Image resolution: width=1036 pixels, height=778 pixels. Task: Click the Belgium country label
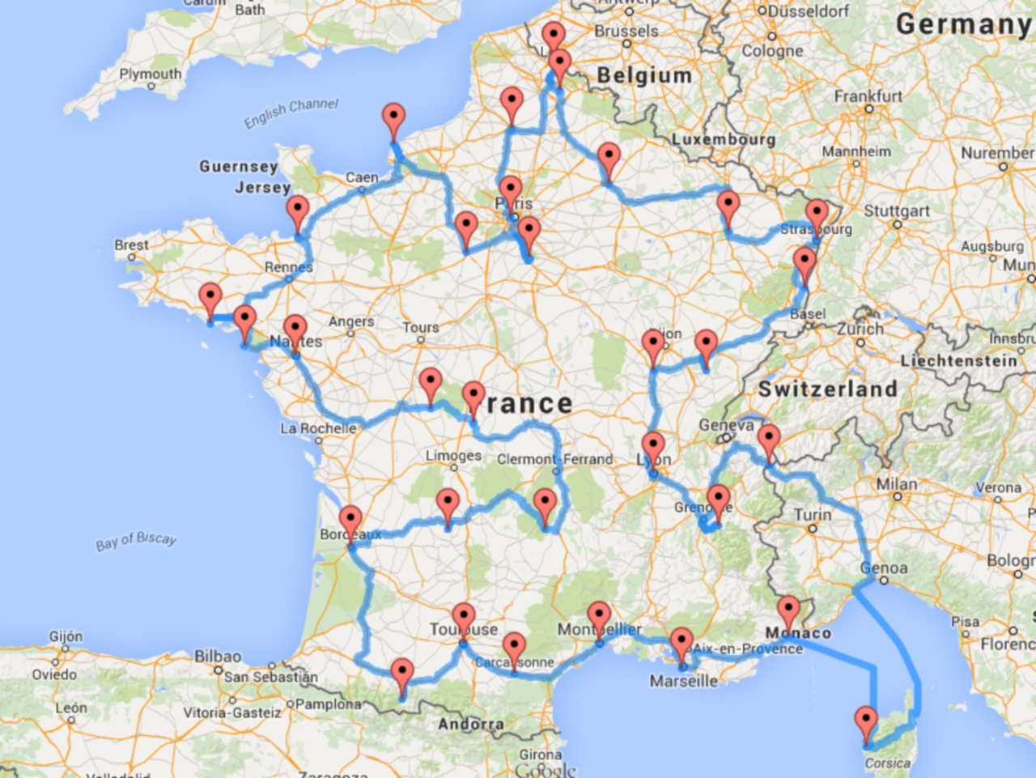pos(644,75)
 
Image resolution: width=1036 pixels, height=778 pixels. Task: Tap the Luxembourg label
pos(723,139)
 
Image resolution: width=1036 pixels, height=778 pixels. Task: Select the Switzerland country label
pos(827,389)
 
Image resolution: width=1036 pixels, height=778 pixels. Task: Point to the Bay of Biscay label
pos(136,541)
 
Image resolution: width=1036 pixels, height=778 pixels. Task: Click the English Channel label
pos(291,113)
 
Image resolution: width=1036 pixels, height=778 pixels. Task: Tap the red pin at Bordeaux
pos(350,521)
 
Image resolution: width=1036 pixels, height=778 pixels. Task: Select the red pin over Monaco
pos(788,611)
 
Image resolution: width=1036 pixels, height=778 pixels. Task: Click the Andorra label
pos(470,724)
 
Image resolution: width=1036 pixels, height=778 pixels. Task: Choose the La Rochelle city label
pos(318,428)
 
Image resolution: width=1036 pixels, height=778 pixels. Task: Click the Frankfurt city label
pos(868,96)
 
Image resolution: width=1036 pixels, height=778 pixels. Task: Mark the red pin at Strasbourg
pos(817,215)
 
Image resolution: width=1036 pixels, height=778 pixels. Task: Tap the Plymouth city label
pos(151,74)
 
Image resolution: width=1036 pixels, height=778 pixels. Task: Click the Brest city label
pos(131,244)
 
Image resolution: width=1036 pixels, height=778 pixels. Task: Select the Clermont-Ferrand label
pos(554,459)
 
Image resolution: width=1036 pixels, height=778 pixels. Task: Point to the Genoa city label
pos(884,568)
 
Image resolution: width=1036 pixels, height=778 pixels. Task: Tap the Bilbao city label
pos(218,656)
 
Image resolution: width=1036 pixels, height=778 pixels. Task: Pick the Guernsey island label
pos(239,166)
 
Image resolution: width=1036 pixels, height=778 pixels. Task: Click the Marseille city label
pos(683,681)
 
